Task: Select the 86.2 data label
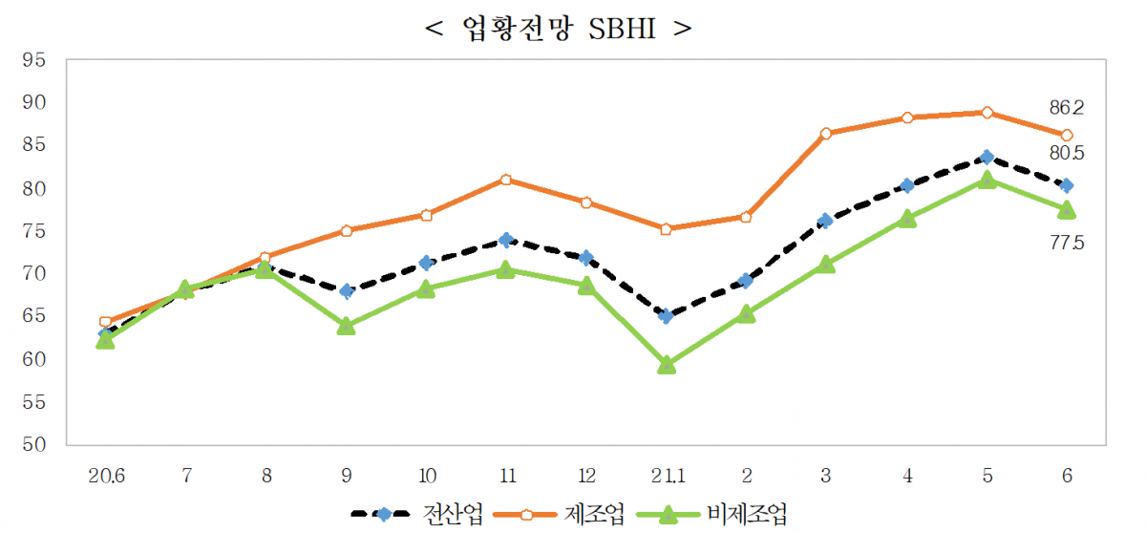point(1067,108)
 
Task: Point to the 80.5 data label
point(1067,154)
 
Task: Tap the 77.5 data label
point(1067,244)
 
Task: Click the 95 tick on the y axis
point(34,60)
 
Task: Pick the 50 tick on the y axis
point(34,445)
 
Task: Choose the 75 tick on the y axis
point(34,231)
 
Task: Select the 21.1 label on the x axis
point(666,476)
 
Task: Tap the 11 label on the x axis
point(505,476)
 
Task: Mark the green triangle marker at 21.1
point(667,365)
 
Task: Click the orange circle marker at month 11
point(506,180)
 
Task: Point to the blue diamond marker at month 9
point(346,291)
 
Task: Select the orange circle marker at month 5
point(987,113)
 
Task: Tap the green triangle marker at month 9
point(346,327)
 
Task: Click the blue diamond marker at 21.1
point(667,316)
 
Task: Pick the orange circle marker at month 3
point(826,134)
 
